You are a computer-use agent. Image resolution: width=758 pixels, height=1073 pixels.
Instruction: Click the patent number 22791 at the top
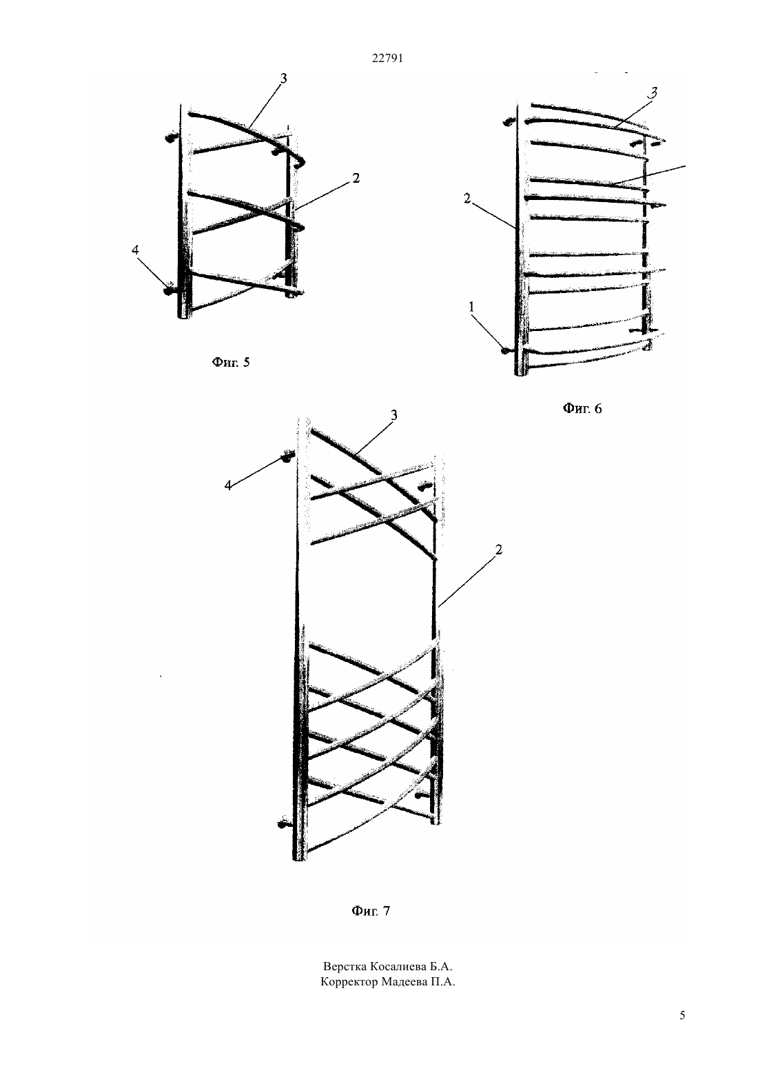click(x=387, y=59)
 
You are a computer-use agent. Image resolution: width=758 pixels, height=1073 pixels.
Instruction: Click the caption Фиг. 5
click(x=231, y=362)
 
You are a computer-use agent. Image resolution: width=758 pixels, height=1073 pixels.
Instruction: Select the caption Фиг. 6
click(x=582, y=409)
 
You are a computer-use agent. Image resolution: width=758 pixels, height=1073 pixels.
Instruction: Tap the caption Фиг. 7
click(x=371, y=911)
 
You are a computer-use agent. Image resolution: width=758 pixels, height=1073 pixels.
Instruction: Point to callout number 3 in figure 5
click(x=283, y=79)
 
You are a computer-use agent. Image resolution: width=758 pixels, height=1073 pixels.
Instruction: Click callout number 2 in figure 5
click(x=356, y=178)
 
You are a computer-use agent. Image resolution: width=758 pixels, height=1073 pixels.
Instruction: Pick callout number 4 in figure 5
click(x=136, y=250)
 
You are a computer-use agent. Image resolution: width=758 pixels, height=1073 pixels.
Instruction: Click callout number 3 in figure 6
click(x=653, y=92)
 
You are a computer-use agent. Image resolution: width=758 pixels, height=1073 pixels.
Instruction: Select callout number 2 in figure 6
click(x=467, y=199)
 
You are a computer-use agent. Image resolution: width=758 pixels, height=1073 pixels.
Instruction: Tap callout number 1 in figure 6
click(x=471, y=307)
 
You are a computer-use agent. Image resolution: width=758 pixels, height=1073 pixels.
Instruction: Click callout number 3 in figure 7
click(x=394, y=415)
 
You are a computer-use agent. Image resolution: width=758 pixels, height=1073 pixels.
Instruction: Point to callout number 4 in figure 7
click(x=228, y=485)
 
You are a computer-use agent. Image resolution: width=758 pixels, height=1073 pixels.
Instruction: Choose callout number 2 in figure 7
click(x=499, y=550)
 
